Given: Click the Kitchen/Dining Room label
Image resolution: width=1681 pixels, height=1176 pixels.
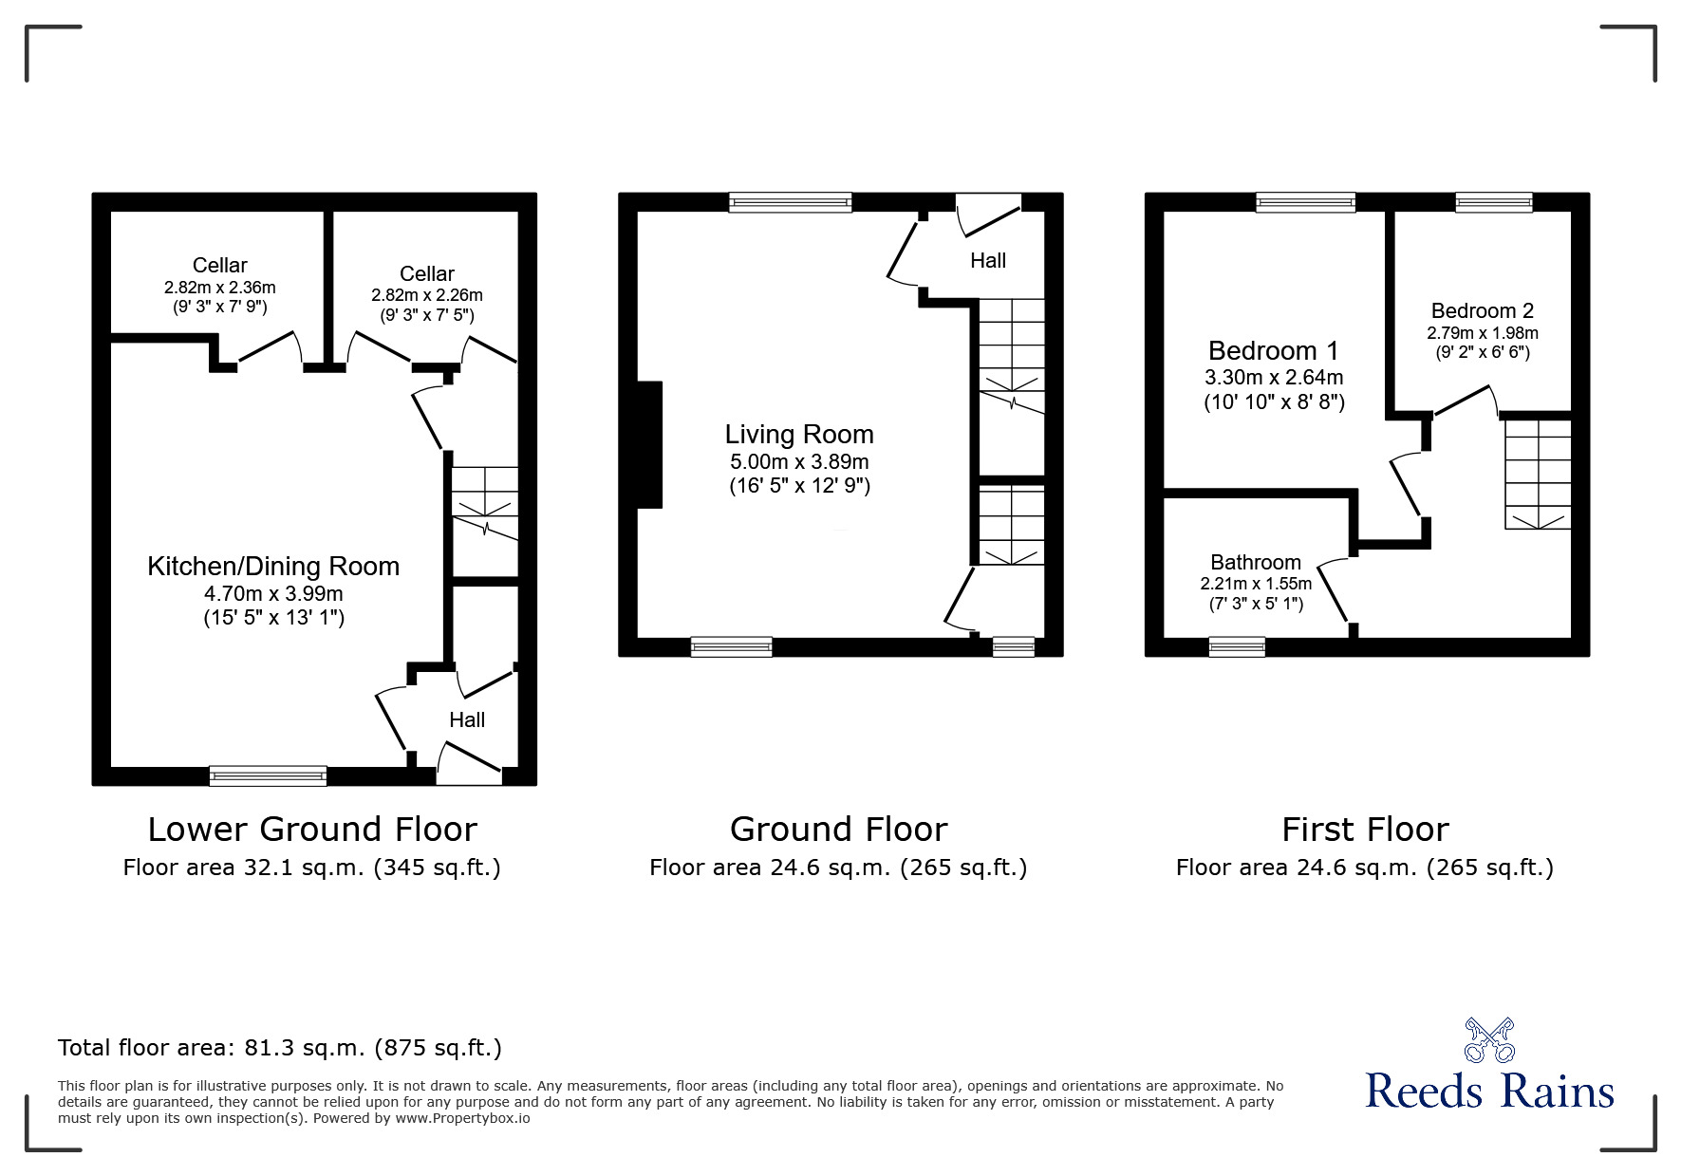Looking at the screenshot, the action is pyautogui.click(x=273, y=567).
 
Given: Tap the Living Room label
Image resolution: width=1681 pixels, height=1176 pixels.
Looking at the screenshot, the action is pyautogui.click(x=799, y=435).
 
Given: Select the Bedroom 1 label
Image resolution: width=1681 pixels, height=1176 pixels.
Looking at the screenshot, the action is pyautogui.click(x=1274, y=351).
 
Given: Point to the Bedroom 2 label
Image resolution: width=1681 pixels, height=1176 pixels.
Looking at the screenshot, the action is pyautogui.click(x=1483, y=310).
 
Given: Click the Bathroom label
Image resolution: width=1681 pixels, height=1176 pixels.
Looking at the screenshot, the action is pyautogui.click(x=1256, y=562).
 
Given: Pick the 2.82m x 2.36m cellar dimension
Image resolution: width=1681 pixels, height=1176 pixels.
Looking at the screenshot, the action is pyautogui.click(x=220, y=287).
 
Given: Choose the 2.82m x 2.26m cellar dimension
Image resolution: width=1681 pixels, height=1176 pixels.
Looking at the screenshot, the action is pyautogui.click(x=427, y=295).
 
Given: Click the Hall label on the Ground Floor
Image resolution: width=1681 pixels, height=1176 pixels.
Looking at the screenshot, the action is pyautogui.click(x=988, y=260).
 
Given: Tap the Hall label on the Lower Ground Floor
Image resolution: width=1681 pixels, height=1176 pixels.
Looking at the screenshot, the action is pyautogui.click(x=467, y=719).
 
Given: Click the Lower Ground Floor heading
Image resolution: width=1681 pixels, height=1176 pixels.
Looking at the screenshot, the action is pyautogui.click(x=312, y=830).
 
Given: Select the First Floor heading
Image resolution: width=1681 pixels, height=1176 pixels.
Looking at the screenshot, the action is pyautogui.click(x=1365, y=830).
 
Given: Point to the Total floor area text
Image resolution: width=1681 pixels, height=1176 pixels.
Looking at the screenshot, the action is pyautogui.click(x=280, y=1048).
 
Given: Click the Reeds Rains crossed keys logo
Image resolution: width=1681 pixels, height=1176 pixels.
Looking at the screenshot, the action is pyautogui.click(x=1489, y=1040).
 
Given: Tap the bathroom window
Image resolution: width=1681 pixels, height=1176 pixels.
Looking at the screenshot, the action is pyautogui.click(x=1237, y=646).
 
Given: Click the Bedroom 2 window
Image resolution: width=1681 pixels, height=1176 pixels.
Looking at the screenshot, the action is pyautogui.click(x=1494, y=202).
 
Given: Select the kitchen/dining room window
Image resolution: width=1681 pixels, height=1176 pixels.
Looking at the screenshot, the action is pyautogui.click(x=269, y=775).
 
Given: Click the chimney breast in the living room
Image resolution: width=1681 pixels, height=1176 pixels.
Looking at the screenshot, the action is pyautogui.click(x=649, y=444).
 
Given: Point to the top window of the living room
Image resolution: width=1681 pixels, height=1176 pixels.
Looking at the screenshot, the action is pyautogui.click(x=791, y=202).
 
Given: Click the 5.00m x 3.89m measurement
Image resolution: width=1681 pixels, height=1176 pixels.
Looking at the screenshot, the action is pyautogui.click(x=799, y=462).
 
